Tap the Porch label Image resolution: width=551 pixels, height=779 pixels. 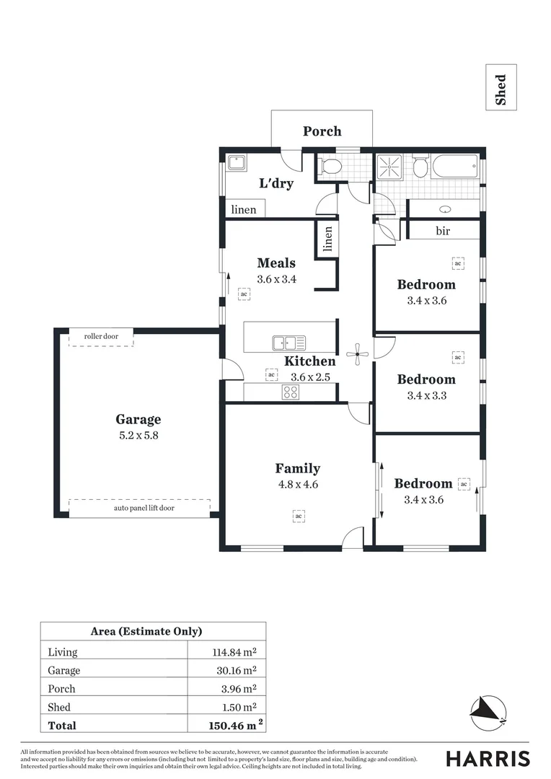[x=322, y=131]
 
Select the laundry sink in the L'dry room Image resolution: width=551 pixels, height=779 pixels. [x=237, y=163]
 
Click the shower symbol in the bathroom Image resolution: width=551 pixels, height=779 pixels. [x=391, y=167]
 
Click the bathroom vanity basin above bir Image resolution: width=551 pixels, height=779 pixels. [x=445, y=209]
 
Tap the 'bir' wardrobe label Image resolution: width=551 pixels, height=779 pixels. [x=444, y=231]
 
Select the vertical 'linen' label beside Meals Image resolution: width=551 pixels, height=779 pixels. [x=328, y=238]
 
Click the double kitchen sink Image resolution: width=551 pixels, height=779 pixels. [x=288, y=343]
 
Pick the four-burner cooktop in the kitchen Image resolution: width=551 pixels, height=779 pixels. [x=290, y=392]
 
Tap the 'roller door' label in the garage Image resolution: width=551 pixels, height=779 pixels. [x=101, y=336]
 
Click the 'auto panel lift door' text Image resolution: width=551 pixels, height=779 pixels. [x=144, y=508]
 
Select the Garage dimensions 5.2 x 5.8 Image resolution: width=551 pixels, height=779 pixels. [x=138, y=436]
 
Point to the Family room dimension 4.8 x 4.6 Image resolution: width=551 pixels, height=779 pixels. [x=297, y=485]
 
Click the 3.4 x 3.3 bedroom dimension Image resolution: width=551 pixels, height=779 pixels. [x=426, y=395]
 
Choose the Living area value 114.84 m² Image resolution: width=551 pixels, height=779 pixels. [x=232, y=652]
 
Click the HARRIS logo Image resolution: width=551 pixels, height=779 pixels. [x=488, y=759]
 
